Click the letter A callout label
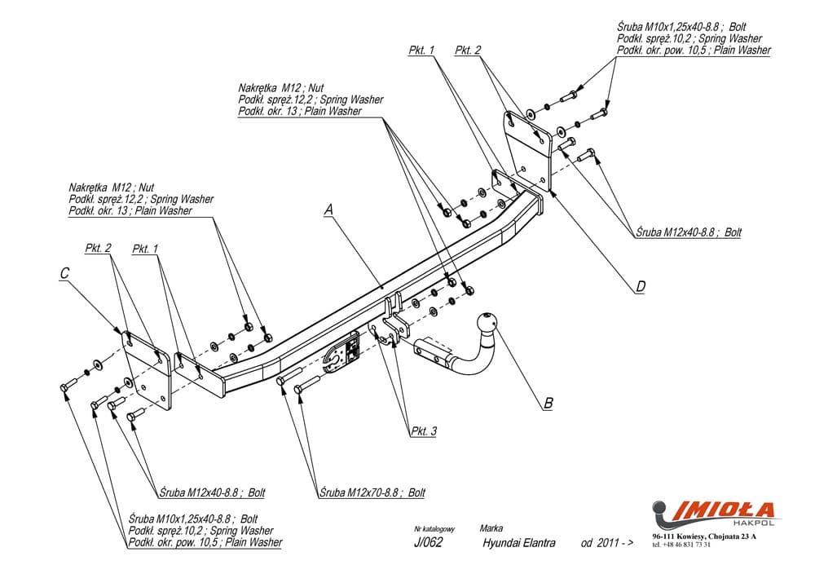coord(328,210)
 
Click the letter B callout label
coord(548,402)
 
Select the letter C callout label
coord(65,275)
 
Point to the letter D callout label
coord(641,286)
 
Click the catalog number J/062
coord(428,544)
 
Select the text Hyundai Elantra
coord(518,544)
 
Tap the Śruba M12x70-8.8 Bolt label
coord(372,492)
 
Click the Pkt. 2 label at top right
coord(469,51)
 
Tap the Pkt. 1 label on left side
coord(144,248)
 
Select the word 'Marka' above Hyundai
coord(491,528)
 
